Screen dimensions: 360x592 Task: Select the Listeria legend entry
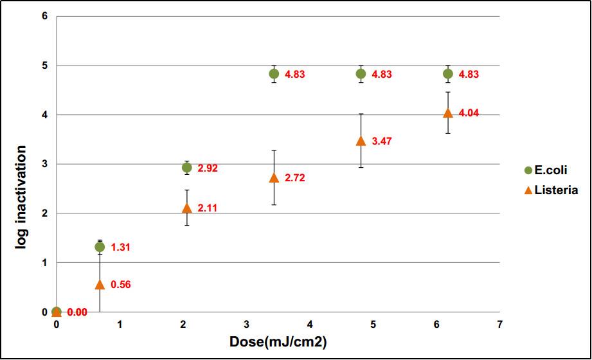coord(550,190)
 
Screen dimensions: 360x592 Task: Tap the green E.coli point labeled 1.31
coord(100,247)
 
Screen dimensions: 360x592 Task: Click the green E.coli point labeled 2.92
coord(187,168)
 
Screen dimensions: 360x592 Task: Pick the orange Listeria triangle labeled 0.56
coord(100,284)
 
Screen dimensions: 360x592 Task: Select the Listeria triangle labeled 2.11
coord(187,208)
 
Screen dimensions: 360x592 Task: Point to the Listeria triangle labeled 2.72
coord(274,177)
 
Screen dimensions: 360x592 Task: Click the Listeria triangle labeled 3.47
coord(361,141)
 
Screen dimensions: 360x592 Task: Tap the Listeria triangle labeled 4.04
coord(448,113)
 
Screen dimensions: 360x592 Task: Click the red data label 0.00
coord(77,312)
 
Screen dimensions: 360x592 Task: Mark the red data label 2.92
coord(208,168)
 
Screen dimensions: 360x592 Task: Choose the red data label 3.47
coord(382,141)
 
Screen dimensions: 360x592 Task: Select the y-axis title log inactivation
coord(21,197)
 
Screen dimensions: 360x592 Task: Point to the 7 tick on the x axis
coord(499,325)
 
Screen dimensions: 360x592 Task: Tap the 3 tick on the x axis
coord(247,325)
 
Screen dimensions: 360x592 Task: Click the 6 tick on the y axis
coord(44,16)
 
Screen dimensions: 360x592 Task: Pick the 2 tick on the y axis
coord(44,213)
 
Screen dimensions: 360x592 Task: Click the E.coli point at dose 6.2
coord(448,74)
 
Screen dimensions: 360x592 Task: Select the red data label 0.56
coord(121,285)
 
